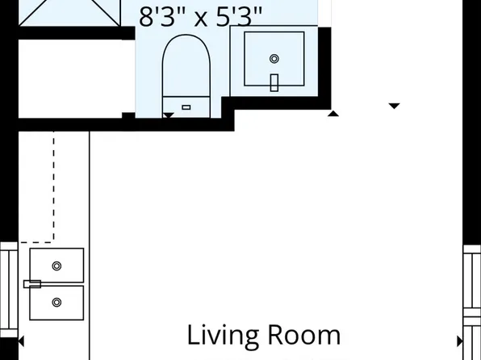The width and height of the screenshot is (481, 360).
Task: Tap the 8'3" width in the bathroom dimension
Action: tap(161, 16)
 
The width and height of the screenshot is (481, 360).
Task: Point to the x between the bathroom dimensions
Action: tap(201, 18)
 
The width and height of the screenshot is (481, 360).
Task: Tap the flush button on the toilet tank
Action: tap(186, 107)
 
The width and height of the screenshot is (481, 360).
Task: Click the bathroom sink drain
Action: tap(274, 59)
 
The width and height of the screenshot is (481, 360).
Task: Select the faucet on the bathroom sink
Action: tap(274, 82)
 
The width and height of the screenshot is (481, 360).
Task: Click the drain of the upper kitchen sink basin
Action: tap(56, 266)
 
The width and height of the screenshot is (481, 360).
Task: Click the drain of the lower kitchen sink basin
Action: tap(56, 303)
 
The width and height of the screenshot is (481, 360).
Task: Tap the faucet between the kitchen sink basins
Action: tap(32, 283)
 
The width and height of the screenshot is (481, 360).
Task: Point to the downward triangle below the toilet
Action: tap(168, 116)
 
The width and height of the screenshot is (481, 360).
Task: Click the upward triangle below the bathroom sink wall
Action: tap(333, 113)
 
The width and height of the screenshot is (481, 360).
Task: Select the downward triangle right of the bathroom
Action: tap(395, 106)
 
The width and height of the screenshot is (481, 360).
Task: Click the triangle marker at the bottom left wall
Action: tap(21, 341)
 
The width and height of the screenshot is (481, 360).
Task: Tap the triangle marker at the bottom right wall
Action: tap(460, 341)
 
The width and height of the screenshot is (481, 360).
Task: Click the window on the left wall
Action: tap(8, 288)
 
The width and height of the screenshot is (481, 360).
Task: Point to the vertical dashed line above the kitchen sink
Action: tap(54, 186)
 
